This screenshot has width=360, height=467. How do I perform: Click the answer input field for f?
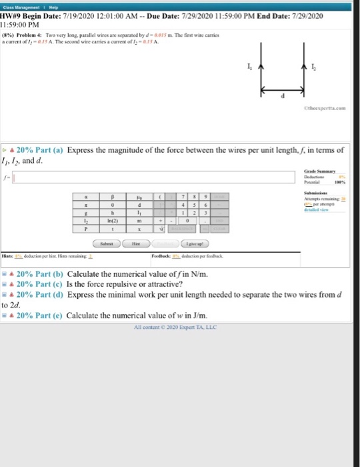click(154, 177)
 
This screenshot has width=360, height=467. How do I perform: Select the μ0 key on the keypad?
click(139, 198)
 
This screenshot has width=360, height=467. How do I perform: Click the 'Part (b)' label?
click(49, 274)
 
